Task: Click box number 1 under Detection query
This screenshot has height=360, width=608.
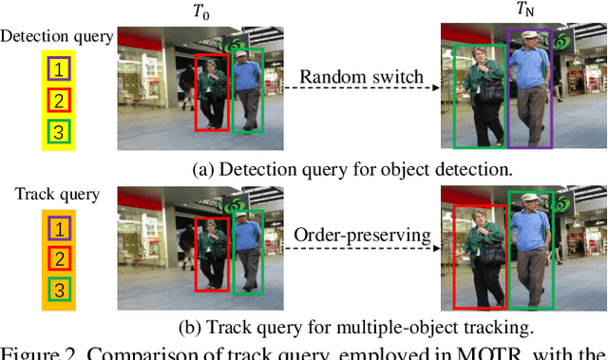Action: [59, 68]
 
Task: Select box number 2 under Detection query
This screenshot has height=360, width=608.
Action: [59, 100]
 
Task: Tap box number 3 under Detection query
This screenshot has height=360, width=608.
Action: [59, 131]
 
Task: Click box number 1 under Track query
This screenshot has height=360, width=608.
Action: [59, 228]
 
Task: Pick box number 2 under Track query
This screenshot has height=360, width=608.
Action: [59, 258]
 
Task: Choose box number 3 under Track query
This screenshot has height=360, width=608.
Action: [59, 290]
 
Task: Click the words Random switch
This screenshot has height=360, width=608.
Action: [361, 78]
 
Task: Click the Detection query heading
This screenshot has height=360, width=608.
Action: [57, 37]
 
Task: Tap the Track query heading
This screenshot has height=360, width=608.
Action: [57, 195]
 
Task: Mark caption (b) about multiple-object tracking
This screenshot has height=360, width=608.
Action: [355, 329]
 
